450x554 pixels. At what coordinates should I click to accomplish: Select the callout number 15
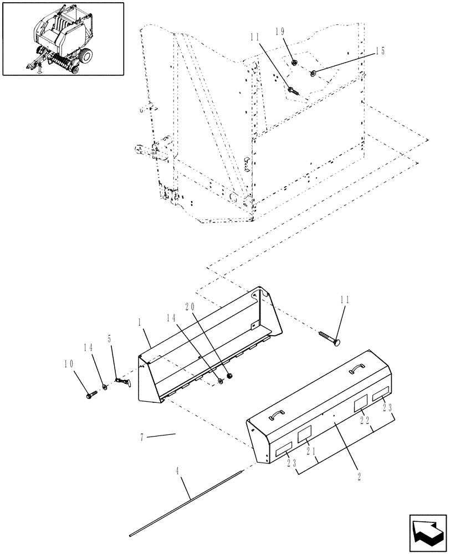tap(379, 51)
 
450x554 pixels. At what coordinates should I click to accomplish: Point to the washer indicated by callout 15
tap(314, 72)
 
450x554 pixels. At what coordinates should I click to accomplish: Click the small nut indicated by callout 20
tap(229, 377)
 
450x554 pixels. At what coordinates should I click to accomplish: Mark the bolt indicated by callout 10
tap(90, 395)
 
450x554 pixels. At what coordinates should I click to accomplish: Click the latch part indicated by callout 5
tap(122, 382)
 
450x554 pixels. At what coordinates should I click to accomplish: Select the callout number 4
tap(177, 471)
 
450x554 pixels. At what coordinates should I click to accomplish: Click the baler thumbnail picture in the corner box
tap(63, 38)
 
